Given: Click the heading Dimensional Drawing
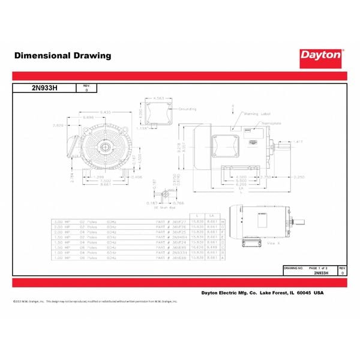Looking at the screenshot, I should tap(62, 56).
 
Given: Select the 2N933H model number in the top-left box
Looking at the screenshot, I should tap(43, 88).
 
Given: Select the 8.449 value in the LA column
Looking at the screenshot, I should tap(212, 245).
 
